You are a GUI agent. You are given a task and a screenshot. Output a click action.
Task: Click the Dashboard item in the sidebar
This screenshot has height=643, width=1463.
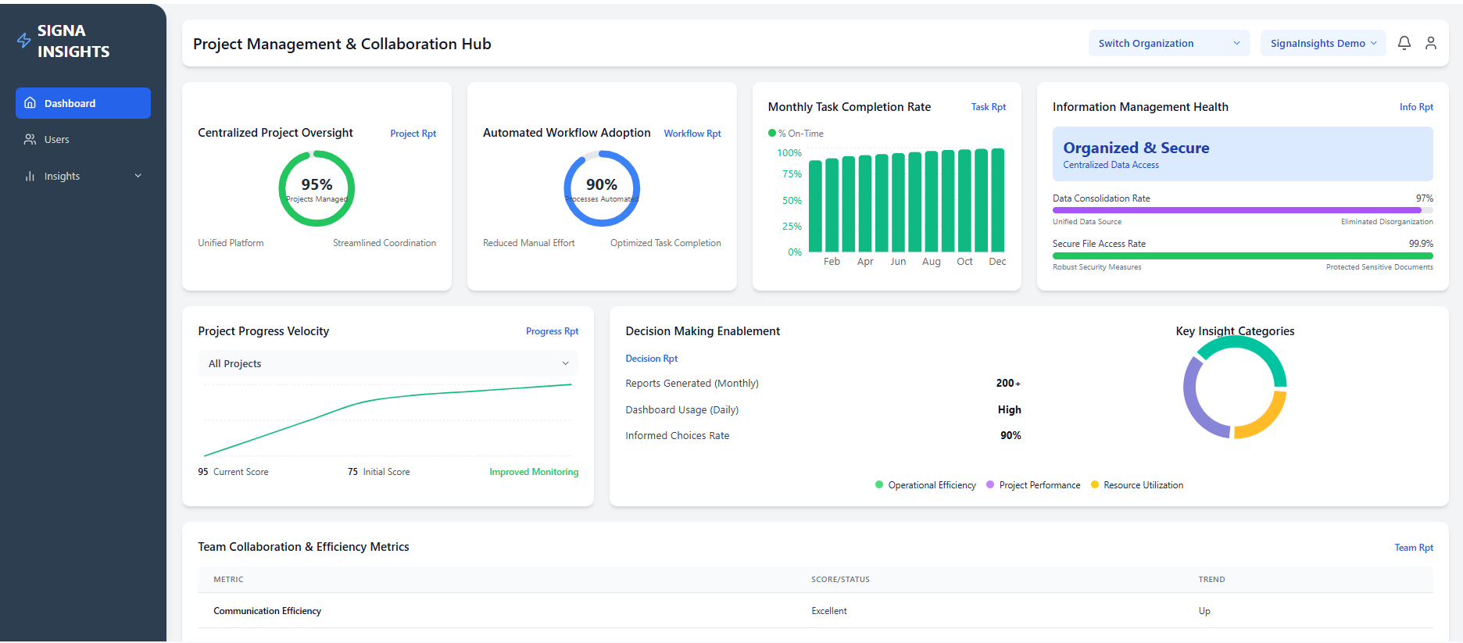click(x=83, y=103)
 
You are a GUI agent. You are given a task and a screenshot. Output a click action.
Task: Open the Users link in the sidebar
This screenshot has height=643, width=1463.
click(x=56, y=140)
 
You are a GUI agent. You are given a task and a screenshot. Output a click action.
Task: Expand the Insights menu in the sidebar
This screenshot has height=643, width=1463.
click(x=83, y=177)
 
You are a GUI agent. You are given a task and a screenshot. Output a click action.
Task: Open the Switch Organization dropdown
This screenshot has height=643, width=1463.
click(x=1168, y=44)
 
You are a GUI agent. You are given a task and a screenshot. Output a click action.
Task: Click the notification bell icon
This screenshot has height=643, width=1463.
click(x=1404, y=44)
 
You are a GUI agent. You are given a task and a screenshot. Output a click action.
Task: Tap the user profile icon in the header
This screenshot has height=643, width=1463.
click(x=1430, y=44)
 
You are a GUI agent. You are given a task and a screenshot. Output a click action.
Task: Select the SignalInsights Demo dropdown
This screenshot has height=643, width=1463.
click(x=1322, y=44)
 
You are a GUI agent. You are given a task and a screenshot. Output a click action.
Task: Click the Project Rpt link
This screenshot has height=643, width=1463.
click(x=413, y=134)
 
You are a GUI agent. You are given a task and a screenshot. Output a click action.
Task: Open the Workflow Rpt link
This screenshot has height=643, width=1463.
click(x=692, y=134)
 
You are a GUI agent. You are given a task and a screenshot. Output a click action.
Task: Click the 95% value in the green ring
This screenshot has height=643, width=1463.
click(x=317, y=184)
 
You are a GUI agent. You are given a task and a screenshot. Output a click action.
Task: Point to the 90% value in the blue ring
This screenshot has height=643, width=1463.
click(x=601, y=184)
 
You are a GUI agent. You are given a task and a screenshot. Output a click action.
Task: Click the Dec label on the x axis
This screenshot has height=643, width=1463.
click(x=997, y=262)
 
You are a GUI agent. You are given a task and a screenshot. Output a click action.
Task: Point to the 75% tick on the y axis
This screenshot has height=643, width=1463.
click(x=792, y=174)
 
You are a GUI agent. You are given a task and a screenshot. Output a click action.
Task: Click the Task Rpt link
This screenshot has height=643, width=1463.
click(x=988, y=107)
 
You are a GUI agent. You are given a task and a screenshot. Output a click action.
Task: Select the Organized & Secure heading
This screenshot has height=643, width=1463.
click(x=1136, y=148)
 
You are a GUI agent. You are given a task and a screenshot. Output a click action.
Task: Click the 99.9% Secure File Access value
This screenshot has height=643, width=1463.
click(x=1420, y=244)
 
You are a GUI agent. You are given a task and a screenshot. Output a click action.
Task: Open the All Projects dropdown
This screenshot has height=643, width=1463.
click(x=388, y=364)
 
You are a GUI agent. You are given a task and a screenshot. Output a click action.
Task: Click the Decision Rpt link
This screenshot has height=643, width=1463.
click(x=651, y=359)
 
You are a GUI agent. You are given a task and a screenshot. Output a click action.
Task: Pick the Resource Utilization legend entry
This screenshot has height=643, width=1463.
click(x=1143, y=485)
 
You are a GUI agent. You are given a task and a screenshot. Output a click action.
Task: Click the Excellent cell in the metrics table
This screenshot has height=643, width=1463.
click(x=828, y=611)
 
